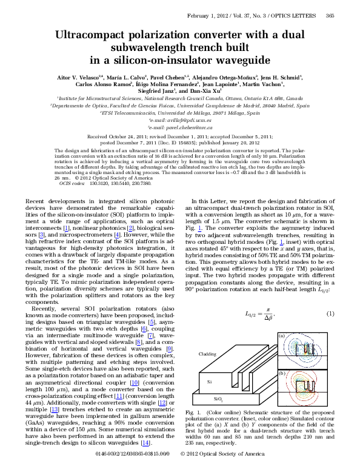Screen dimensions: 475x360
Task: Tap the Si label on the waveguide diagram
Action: tap(209, 381)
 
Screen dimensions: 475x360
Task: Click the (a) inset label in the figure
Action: tap(281, 335)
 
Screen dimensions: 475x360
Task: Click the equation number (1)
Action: tap(331, 314)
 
